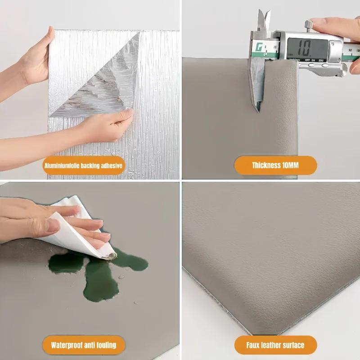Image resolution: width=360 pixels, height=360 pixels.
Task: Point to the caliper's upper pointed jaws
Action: pyautogui.click(x=263, y=20)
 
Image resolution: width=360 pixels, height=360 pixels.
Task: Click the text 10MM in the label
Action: pyautogui.click(x=290, y=166)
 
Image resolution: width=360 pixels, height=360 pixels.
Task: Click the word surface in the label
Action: pyautogui.click(x=290, y=345)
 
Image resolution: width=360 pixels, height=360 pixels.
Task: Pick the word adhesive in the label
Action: pyautogui.click(x=108, y=166)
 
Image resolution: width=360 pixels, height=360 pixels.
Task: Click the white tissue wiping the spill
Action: pyautogui.click(x=81, y=225)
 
